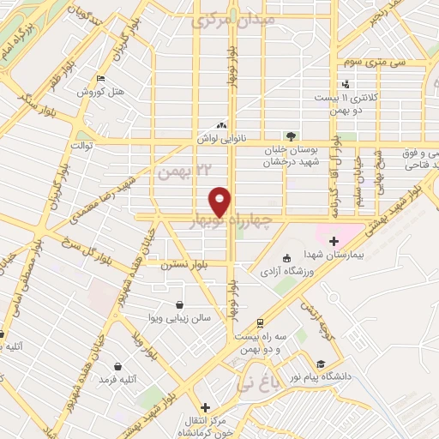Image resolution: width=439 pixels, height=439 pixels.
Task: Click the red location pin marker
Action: coord(220,200)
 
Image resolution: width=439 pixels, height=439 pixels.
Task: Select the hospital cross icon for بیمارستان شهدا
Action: coord(334,242)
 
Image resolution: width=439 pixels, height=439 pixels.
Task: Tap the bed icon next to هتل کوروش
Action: coord(101,78)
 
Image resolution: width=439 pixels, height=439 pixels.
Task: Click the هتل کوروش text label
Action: coord(101,91)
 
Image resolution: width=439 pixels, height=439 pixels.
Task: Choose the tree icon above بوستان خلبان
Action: coord(292,135)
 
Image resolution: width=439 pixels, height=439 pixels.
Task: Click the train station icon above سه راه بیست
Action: coord(259,322)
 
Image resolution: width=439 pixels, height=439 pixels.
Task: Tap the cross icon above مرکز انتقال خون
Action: coord(204,407)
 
